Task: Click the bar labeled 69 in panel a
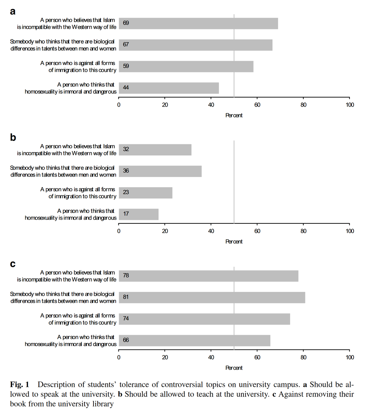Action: (x=198, y=24)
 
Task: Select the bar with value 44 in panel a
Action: (x=169, y=88)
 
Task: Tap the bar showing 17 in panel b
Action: (x=139, y=214)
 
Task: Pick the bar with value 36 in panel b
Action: (x=160, y=171)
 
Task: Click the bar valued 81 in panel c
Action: (x=212, y=297)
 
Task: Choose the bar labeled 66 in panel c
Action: (x=194, y=340)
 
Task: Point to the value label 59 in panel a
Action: (x=126, y=66)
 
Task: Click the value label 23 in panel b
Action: (x=126, y=192)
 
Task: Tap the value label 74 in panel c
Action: (x=126, y=319)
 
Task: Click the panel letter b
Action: (x=13, y=138)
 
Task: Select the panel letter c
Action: (x=13, y=264)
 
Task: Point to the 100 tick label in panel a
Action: (x=350, y=105)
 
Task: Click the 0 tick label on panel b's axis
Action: (x=119, y=231)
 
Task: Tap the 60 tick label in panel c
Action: (x=257, y=357)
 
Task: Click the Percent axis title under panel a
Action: (x=234, y=116)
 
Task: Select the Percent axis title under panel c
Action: (x=234, y=368)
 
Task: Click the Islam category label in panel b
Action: (x=67, y=150)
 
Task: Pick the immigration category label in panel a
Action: (x=78, y=67)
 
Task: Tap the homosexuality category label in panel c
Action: (x=71, y=341)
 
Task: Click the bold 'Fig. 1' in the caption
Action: (x=20, y=385)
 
